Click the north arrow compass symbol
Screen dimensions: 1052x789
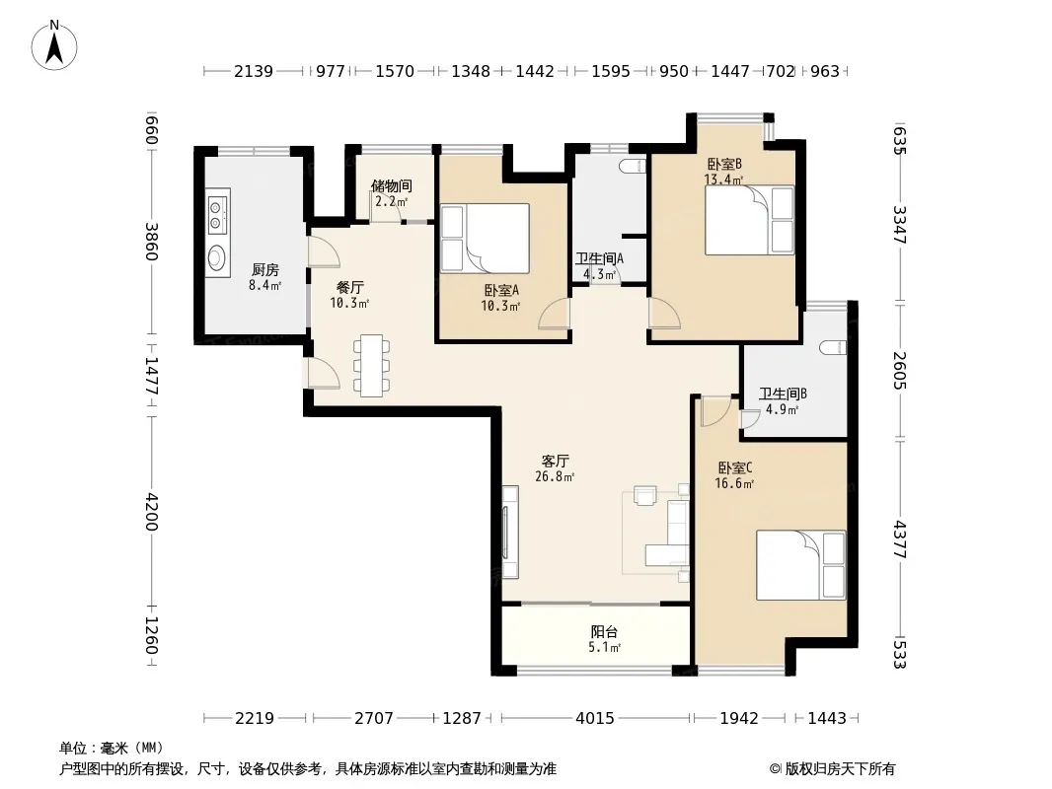click(54, 45)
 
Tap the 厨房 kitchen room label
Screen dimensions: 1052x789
click(265, 269)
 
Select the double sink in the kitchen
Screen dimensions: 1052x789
click(218, 212)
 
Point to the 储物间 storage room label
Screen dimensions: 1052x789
click(391, 185)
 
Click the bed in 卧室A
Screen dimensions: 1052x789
click(486, 239)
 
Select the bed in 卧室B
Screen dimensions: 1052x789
click(749, 221)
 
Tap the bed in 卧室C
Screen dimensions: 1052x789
click(801, 565)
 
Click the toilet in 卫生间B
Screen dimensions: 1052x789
click(833, 347)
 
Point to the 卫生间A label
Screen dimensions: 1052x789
click(599, 258)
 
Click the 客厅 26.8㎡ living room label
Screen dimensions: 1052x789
click(555, 468)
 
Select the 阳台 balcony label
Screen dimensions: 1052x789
click(604, 631)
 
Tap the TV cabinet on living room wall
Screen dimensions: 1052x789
click(510, 533)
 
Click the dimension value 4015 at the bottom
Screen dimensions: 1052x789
click(594, 718)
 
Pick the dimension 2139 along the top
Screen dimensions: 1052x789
click(254, 71)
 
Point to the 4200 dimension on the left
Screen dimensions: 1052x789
click(152, 512)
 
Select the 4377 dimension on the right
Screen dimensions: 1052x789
click(900, 540)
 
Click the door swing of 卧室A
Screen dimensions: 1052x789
click(555, 313)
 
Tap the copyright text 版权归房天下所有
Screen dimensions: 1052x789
click(839, 769)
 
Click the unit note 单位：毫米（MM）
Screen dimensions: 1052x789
click(112, 748)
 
